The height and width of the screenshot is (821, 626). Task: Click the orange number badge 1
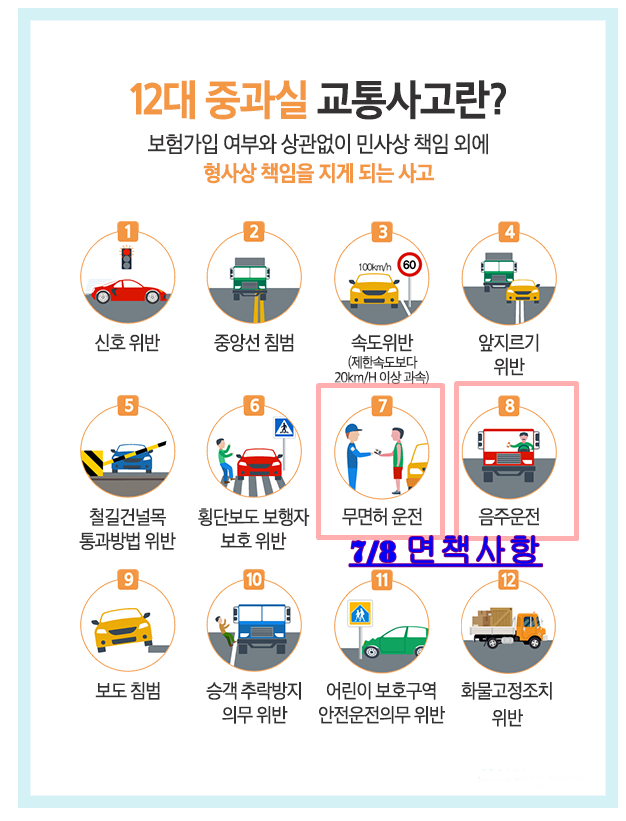tap(127, 231)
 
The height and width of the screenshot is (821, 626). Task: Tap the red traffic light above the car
tap(126, 257)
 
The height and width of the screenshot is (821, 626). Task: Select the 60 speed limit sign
tap(409, 264)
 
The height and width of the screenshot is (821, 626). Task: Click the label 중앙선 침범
tap(254, 342)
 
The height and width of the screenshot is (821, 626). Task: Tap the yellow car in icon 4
tap(523, 291)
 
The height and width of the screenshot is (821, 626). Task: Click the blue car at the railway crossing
tap(131, 458)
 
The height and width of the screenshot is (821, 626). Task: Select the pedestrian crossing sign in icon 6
tap(284, 428)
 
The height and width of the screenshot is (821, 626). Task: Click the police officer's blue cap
tap(353, 428)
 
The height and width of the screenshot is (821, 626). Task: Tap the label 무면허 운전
tap(382, 517)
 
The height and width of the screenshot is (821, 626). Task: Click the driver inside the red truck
tap(521, 442)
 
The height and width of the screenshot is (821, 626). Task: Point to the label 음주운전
tap(509, 517)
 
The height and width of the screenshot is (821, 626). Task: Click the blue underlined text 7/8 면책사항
tap(445, 551)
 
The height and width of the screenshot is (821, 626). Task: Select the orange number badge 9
tap(128, 579)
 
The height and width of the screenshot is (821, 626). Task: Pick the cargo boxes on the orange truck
tap(493, 617)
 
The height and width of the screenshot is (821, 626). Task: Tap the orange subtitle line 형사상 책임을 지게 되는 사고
tap(318, 172)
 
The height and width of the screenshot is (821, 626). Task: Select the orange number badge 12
tap(508, 580)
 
